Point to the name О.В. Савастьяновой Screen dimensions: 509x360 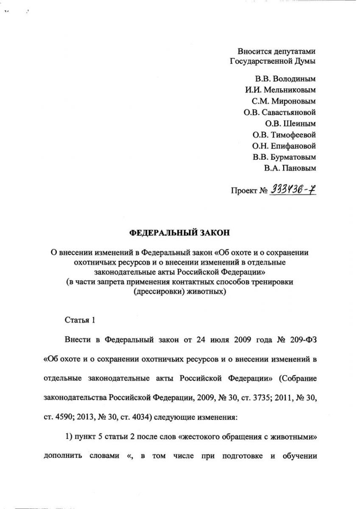[x=279, y=112]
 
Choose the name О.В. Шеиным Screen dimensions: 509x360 [x=290, y=124]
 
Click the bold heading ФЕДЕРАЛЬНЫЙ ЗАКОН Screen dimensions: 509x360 [x=180, y=233]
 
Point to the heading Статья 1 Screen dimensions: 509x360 [x=79, y=320]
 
